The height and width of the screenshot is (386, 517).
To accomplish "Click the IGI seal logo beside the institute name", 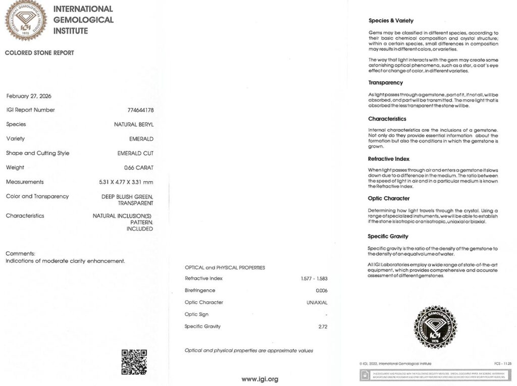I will (x=25, y=20).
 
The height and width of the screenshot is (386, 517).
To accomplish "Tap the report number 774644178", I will (x=141, y=110).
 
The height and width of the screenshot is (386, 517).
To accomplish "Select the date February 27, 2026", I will (x=29, y=96).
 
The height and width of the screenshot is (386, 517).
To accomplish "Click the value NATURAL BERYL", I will (x=134, y=124).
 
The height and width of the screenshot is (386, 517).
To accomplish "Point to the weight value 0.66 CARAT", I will (x=139, y=168).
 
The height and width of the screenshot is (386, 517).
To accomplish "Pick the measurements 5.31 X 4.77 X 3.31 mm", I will (x=126, y=182).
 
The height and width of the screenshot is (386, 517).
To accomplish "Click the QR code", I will (x=134, y=362).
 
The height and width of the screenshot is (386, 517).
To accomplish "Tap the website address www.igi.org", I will (x=260, y=379).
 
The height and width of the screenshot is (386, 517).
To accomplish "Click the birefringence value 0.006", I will (x=322, y=291).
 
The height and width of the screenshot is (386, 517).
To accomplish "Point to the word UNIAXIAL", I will (x=317, y=303).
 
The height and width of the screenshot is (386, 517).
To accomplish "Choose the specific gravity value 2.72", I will (x=323, y=326).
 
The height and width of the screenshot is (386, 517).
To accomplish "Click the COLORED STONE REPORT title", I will (x=39, y=53).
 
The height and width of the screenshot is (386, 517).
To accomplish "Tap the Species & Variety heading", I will (x=391, y=21).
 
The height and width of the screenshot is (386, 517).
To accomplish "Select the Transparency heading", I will (x=386, y=83).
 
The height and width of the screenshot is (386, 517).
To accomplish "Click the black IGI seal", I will (x=435, y=327).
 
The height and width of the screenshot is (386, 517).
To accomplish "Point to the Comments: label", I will (x=20, y=253).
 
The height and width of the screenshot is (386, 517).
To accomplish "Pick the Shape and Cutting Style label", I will (x=37, y=153).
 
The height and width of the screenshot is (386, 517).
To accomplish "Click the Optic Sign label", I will (x=196, y=314).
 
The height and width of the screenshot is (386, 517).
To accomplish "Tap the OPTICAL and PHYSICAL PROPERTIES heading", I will (x=225, y=267).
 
